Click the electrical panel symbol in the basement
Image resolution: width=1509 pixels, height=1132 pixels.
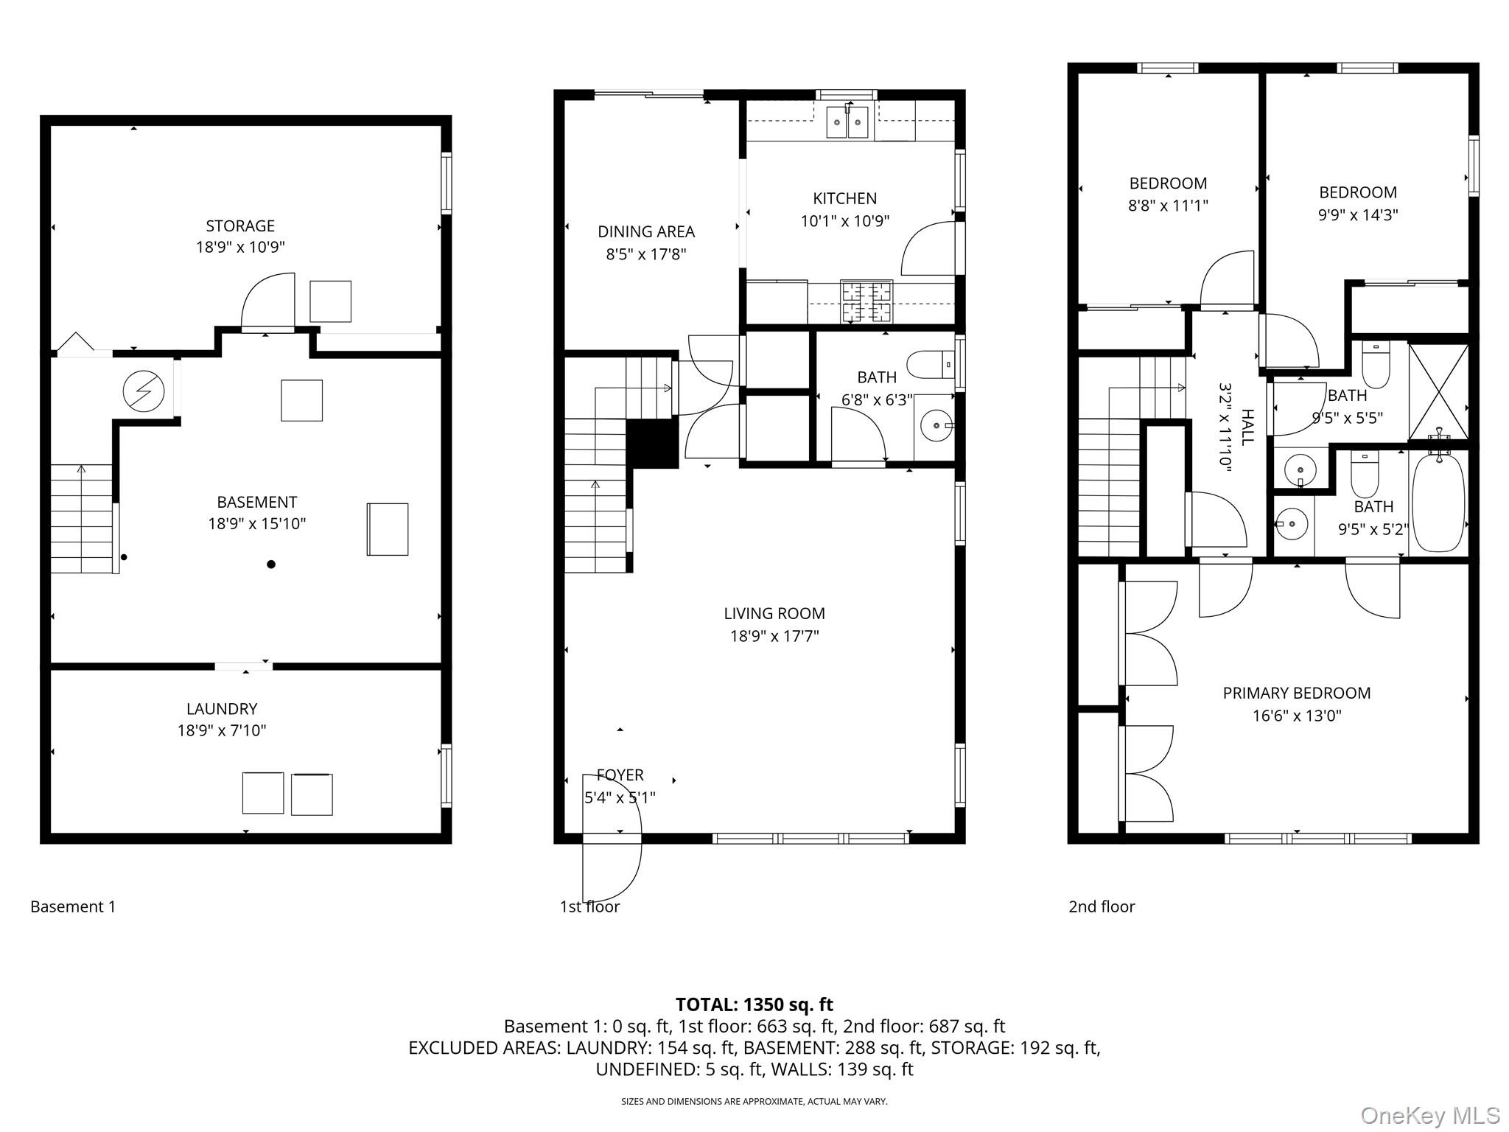click(x=144, y=391)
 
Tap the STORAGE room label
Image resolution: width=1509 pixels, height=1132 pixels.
click(x=240, y=226)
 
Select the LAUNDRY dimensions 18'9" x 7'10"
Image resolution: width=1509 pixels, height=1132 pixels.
click(x=222, y=730)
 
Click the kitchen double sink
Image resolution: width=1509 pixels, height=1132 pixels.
click(x=847, y=122)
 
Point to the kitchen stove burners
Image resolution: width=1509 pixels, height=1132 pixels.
click(x=866, y=301)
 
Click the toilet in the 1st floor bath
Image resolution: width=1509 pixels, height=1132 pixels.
click(x=930, y=364)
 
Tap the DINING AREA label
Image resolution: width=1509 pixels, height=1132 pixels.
click(x=646, y=231)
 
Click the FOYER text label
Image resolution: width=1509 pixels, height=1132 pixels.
click(x=620, y=775)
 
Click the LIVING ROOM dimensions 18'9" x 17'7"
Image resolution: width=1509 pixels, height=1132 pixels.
click(x=774, y=636)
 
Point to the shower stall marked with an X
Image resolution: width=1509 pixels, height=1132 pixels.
click(x=1438, y=392)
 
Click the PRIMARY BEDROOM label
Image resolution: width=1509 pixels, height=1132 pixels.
click(x=1297, y=693)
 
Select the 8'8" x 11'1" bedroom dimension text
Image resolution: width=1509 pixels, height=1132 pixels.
click(x=1168, y=206)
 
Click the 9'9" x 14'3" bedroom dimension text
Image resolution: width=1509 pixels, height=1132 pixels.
click(x=1358, y=215)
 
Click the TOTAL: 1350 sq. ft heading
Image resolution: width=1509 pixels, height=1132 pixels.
click(x=754, y=1005)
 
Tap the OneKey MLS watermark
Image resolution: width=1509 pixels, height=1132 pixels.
click(x=1429, y=1116)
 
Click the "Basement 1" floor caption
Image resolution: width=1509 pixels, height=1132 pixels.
click(x=73, y=906)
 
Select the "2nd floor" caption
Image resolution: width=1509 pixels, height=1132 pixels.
click(x=1102, y=906)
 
